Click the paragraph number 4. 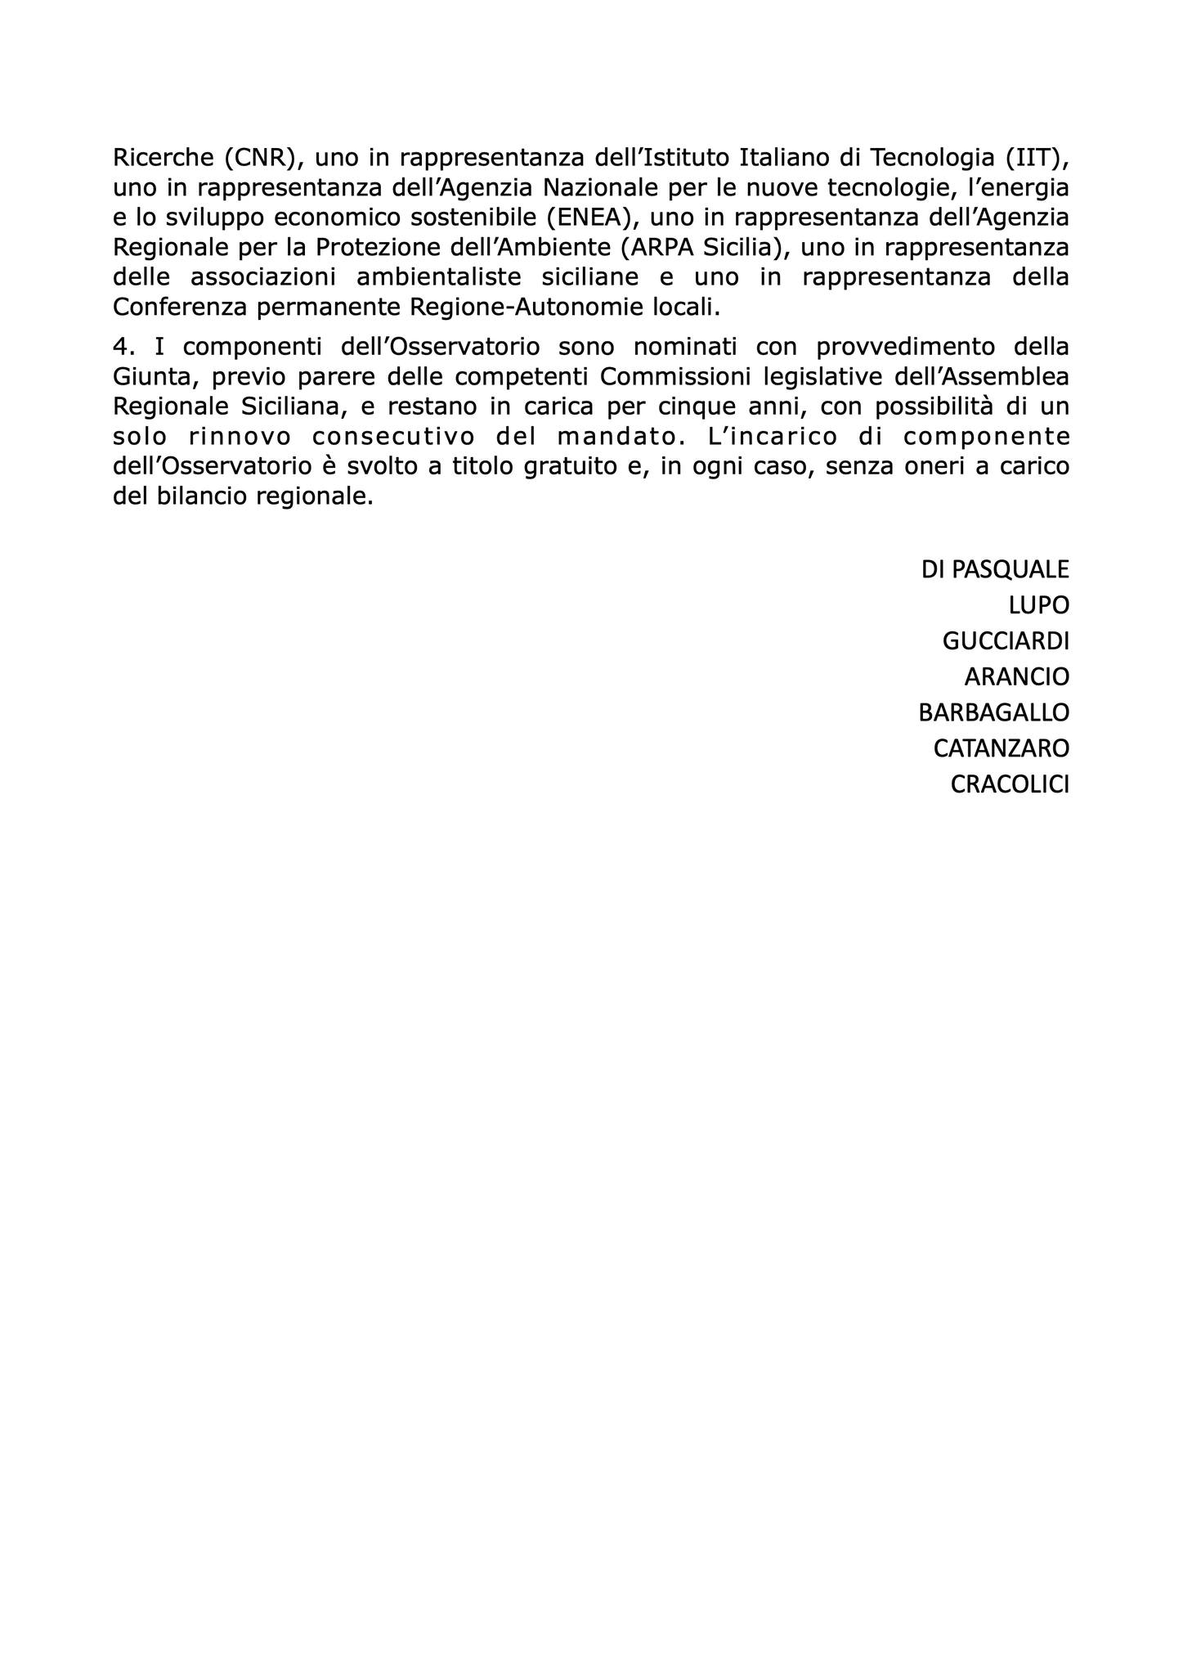pos(123,347)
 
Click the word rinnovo pos(237,437)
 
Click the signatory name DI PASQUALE pos(994,569)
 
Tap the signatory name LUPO pos(1038,605)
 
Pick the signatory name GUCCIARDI pos(1006,641)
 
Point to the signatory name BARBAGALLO pos(993,712)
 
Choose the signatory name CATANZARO pos(1001,748)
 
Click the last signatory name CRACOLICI pos(1010,784)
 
